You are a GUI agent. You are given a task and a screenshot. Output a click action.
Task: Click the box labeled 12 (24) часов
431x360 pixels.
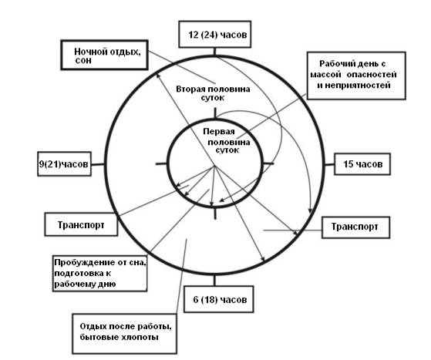click(214, 34)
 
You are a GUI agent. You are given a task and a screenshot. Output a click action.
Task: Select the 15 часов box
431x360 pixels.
click(362, 164)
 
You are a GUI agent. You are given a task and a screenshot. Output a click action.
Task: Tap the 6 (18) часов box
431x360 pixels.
click(218, 299)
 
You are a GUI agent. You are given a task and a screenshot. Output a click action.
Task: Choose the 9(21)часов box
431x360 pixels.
click(64, 163)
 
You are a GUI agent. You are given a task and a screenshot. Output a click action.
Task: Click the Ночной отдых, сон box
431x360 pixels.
click(104, 55)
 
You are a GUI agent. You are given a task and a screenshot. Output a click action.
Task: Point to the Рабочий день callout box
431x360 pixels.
click(356, 76)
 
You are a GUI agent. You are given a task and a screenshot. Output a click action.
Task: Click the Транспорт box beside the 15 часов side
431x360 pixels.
click(355, 227)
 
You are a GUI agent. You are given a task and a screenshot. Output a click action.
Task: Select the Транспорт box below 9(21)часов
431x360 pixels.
click(81, 224)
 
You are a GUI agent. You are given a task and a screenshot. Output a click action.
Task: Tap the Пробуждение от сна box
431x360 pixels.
click(99, 273)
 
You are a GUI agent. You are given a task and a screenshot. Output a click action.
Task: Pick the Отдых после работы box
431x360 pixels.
click(124, 334)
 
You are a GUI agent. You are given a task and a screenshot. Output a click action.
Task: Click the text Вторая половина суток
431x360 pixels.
click(213, 93)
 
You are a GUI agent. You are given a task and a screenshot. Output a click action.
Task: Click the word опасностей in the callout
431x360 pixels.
click(372, 75)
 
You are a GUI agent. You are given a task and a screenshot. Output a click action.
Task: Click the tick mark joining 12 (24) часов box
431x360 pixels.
click(214, 52)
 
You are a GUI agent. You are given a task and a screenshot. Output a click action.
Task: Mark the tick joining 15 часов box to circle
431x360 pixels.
click(329, 165)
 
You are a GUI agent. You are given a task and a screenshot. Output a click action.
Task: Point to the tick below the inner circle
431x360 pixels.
click(215, 214)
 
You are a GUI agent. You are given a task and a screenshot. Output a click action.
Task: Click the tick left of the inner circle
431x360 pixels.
click(161, 164)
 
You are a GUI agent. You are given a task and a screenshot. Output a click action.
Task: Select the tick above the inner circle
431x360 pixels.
click(215, 113)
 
